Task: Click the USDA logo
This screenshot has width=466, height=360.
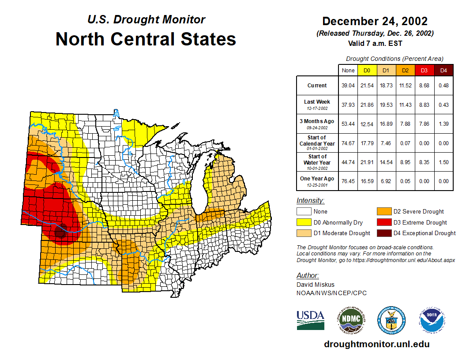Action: tap(310, 320)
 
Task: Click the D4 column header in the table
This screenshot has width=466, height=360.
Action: tap(443, 71)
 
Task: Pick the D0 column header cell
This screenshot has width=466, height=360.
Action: tap(367, 71)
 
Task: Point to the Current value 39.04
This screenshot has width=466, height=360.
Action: tap(348, 86)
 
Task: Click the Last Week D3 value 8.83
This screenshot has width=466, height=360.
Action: tap(425, 105)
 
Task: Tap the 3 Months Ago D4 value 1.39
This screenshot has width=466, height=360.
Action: tap(443, 124)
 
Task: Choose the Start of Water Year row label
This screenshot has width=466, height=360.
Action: tap(317, 160)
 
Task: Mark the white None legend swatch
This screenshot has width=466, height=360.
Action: tap(304, 212)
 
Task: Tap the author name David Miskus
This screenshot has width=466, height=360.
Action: tap(315, 285)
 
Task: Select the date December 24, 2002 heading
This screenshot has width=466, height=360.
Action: tap(375, 21)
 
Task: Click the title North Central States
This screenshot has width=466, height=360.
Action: tap(146, 39)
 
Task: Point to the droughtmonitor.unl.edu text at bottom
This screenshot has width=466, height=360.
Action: tap(376, 344)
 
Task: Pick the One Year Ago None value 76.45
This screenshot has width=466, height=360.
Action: tap(348, 181)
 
